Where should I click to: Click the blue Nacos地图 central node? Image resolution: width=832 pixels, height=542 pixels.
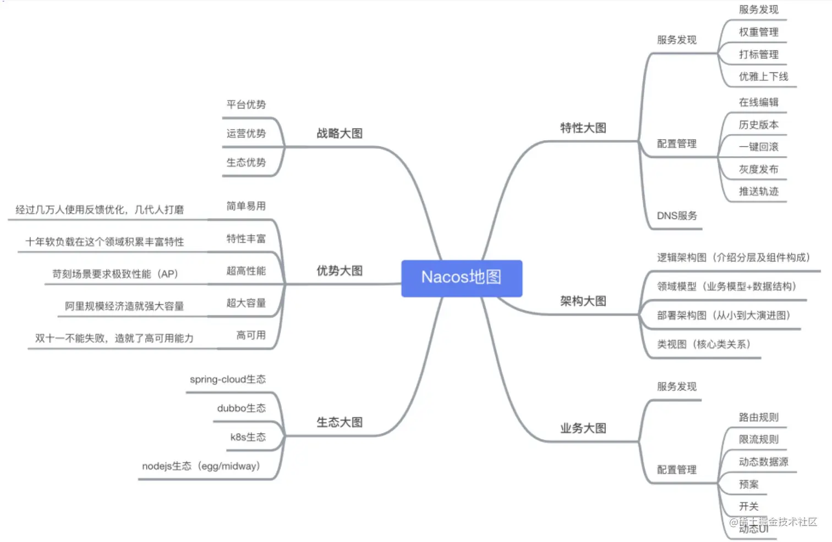click(461, 278)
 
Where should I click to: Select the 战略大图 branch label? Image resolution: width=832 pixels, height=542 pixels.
click(340, 134)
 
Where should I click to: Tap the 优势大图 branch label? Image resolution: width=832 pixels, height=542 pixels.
click(340, 271)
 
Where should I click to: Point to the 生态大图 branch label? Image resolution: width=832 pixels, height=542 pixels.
click(340, 423)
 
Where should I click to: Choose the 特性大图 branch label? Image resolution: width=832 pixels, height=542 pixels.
click(583, 128)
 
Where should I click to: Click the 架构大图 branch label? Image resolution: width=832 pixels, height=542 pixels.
click(583, 301)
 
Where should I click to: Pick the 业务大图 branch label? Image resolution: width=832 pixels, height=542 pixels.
click(583, 429)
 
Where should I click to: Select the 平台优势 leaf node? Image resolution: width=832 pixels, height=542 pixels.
click(246, 104)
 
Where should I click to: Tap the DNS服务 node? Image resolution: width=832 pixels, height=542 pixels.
click(677, 216)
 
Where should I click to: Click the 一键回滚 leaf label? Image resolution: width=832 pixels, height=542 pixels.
click(758, 147)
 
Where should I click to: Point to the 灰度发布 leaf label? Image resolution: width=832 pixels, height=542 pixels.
click(758, 169)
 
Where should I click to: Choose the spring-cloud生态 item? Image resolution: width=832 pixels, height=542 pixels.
click(227, 379)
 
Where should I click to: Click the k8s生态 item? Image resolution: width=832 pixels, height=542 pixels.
click(248, 438)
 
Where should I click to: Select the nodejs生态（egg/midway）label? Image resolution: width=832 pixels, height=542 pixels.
click(201, 466)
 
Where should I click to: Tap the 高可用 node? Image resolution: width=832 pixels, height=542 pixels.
click(251, 335)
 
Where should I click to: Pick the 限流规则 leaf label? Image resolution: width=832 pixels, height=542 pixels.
click(758, 439)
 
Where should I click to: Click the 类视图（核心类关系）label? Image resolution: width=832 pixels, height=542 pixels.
click(704, 345)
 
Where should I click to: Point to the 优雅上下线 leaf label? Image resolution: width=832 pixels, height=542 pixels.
click(763, 77)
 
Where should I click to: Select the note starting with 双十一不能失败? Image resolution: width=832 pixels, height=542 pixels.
click(114, 339)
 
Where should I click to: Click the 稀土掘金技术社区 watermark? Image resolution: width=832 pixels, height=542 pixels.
click(774, 522)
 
